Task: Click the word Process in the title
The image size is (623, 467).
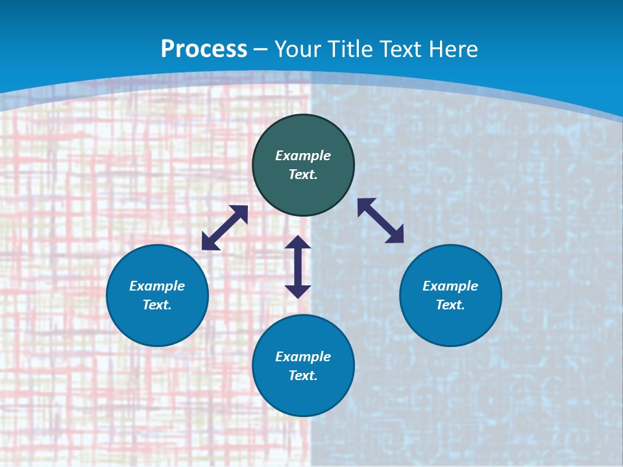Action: [204, 49]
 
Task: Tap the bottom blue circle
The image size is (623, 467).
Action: [303, 395]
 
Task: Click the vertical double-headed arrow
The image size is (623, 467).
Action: [298, 267]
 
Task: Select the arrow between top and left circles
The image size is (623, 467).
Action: [225, 228]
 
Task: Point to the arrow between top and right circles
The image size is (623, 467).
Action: [381, 221]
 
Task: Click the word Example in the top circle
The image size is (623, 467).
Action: [303, 156]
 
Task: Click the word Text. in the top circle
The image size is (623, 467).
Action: [303, 174]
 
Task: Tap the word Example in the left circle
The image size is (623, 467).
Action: [157, 286]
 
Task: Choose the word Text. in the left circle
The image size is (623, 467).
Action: [157, 305]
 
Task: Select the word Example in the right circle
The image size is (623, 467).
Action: [450, 286]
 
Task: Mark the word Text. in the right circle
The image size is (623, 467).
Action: [450, 305]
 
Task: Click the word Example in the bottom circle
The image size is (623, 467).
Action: [303, 357]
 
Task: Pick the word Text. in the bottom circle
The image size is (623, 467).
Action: [303, 376]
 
